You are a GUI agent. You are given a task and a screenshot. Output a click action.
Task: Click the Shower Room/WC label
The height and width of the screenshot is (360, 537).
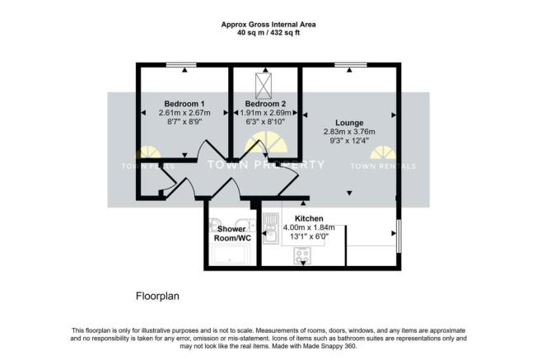coord(233,232)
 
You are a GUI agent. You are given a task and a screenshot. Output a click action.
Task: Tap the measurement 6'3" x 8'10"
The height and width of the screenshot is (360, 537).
coord(265,122)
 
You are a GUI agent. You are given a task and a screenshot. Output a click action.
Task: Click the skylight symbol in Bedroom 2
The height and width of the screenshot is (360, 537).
coord(265,83)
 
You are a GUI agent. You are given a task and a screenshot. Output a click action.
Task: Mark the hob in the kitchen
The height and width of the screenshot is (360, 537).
coord(301,256)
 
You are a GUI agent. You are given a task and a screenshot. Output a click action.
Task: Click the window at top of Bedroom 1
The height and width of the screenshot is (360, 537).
coord(181,64)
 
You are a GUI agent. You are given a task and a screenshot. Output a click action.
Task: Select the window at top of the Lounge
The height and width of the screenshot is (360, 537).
coord(351,64)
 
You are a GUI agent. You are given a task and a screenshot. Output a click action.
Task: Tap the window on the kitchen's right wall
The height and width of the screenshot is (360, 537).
coord(399,236)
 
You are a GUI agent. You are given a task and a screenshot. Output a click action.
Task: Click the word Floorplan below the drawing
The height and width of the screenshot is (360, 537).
coord(157,295)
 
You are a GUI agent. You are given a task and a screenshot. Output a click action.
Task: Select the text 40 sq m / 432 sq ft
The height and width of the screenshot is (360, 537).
coord(268,33)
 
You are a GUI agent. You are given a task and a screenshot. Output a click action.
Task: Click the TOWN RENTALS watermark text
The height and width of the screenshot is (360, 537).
coord(384,166)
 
